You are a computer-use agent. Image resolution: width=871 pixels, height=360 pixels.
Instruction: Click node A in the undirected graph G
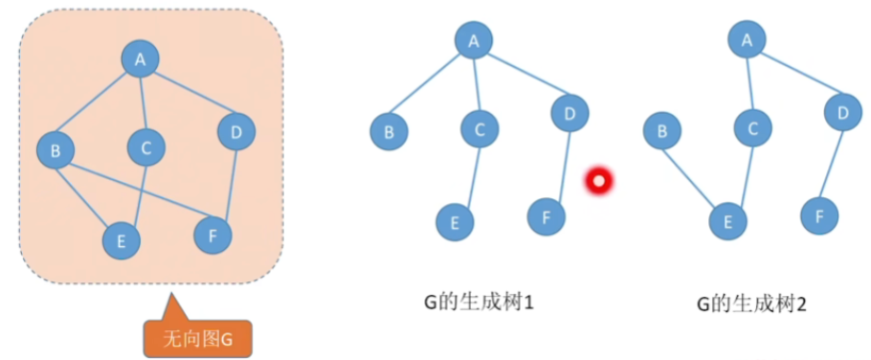click(141, 60)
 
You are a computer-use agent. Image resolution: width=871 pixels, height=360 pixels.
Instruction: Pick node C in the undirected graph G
click(146, 147)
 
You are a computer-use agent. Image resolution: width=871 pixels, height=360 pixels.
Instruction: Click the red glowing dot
click(599, 180)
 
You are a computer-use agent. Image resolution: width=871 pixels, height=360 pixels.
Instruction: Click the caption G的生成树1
click(479, 304)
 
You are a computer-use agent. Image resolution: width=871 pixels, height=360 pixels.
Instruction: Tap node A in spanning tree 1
click(473, 40)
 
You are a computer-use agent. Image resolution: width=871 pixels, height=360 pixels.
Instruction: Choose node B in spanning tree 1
click(390, 131)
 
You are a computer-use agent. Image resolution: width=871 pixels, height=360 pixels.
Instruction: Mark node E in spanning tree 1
click(455, 223)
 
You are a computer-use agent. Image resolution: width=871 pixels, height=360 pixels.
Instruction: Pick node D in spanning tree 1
click(569, 115)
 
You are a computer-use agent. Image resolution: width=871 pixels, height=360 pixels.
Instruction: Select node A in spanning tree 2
click(748, 39)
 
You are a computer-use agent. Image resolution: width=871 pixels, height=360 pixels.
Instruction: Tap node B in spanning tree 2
click(662, 131)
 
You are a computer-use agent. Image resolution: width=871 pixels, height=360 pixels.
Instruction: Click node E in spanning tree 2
click(728, 223)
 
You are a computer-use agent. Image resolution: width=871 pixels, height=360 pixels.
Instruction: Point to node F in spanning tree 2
click(819, 217)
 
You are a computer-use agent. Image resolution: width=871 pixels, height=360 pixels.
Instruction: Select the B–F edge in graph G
click(134, 192)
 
